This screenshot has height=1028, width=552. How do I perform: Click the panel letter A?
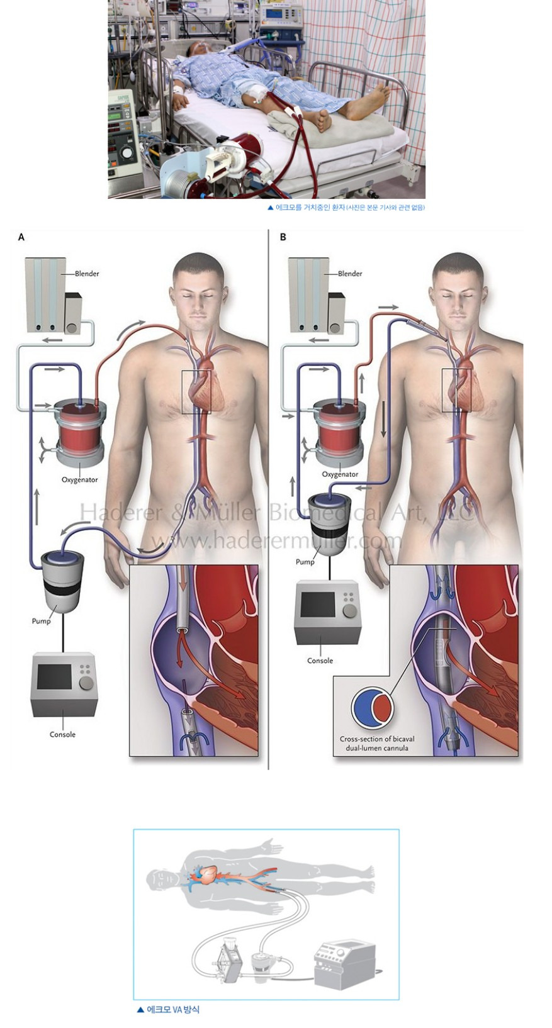pyautogui.click(x=21, y=237)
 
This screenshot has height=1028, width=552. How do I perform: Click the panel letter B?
pyautogui.click(x=283, y=237)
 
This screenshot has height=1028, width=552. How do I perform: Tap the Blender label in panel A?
pyautogui.click(x=86, y=274)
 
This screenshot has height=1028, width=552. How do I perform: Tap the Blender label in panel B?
pyautogui.click(x=349, y=274)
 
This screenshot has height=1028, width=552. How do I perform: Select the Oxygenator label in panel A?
pyautogui.click(x=79, y=480)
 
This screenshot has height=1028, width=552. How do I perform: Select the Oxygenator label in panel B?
pyautogui.click(x=340, y=474)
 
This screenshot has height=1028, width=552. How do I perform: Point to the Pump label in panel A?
pyautogui.click(x=42, y=621)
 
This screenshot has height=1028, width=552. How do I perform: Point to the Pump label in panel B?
pyautogui.click(x=305, y=562)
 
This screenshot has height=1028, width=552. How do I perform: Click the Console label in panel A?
pyautogui.click(x=62, y=734)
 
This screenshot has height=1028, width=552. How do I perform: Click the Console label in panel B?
pyautogui.click(x=320, y=661)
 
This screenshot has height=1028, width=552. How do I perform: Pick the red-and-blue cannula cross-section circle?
pyautogui.click(x=373, y=708)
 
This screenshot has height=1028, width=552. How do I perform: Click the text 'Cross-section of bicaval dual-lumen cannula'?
pyautogui.click(x=377, y=744)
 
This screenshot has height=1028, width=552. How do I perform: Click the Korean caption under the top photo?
pyautogui.click(x=346, y=208)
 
